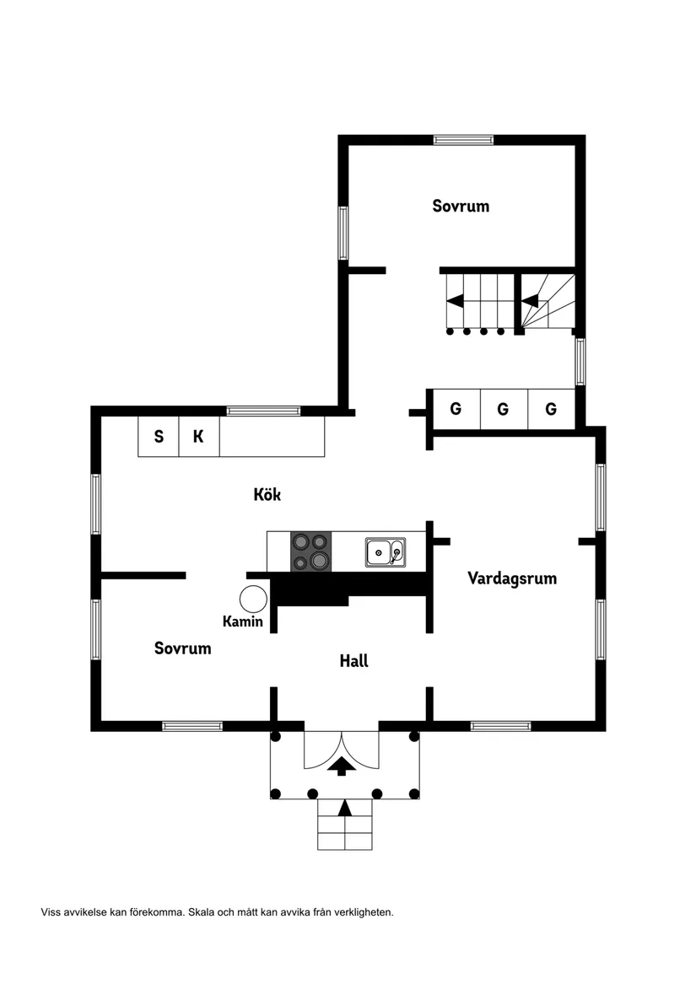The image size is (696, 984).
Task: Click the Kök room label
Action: click(267, 494)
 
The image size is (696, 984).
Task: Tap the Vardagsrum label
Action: click(512, 578)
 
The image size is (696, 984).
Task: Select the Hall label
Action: click(353, 660)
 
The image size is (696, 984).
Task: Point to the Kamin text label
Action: click(242, 621)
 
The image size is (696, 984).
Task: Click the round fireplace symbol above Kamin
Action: click(253, 599)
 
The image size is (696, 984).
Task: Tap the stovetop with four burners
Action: click(311, 551)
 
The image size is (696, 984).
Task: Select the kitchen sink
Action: click(386, 552)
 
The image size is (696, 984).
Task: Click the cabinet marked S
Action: click(159, 436)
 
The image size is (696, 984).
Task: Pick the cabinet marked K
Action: click(199, 436)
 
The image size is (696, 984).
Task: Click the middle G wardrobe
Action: click(504, 409)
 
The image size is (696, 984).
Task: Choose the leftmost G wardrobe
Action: click(456, 409)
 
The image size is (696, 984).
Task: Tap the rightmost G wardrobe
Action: click(552, 409)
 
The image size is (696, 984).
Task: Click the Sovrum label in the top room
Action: click(461, 206)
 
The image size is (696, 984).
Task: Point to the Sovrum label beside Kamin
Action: click(183, 648)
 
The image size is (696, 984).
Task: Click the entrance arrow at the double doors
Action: click(342, 766)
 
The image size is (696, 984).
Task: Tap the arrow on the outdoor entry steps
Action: click(344, 808)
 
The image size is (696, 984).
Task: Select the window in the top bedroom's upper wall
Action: click(463, 140)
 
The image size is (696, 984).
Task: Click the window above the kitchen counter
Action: click(263, 411)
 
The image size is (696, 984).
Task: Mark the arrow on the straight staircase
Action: click(455, 301)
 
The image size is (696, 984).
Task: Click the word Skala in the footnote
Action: click(202, 911)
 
